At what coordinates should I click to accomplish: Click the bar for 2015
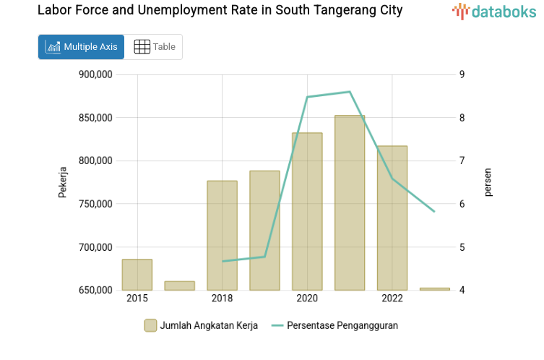tap(137, 275)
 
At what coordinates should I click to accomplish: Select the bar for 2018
tap(222, 236)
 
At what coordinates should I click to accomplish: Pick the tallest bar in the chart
tap(350, 203)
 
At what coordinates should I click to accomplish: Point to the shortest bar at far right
tap(434, 289)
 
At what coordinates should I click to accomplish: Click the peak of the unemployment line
tap(350, 92)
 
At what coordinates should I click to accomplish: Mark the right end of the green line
tap(434, 212)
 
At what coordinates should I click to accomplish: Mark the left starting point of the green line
tap(223, 261)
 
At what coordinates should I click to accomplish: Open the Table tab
tap(154, 47)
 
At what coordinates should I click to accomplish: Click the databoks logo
tap(494, 11)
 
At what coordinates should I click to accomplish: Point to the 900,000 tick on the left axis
tap(95, 74)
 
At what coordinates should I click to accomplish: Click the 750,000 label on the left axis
tap(95, 204)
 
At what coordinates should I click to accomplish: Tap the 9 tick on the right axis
tap(462, 74)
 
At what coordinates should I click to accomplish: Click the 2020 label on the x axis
tap(307, 299)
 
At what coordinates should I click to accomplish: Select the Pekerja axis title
tap(63, 182)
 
